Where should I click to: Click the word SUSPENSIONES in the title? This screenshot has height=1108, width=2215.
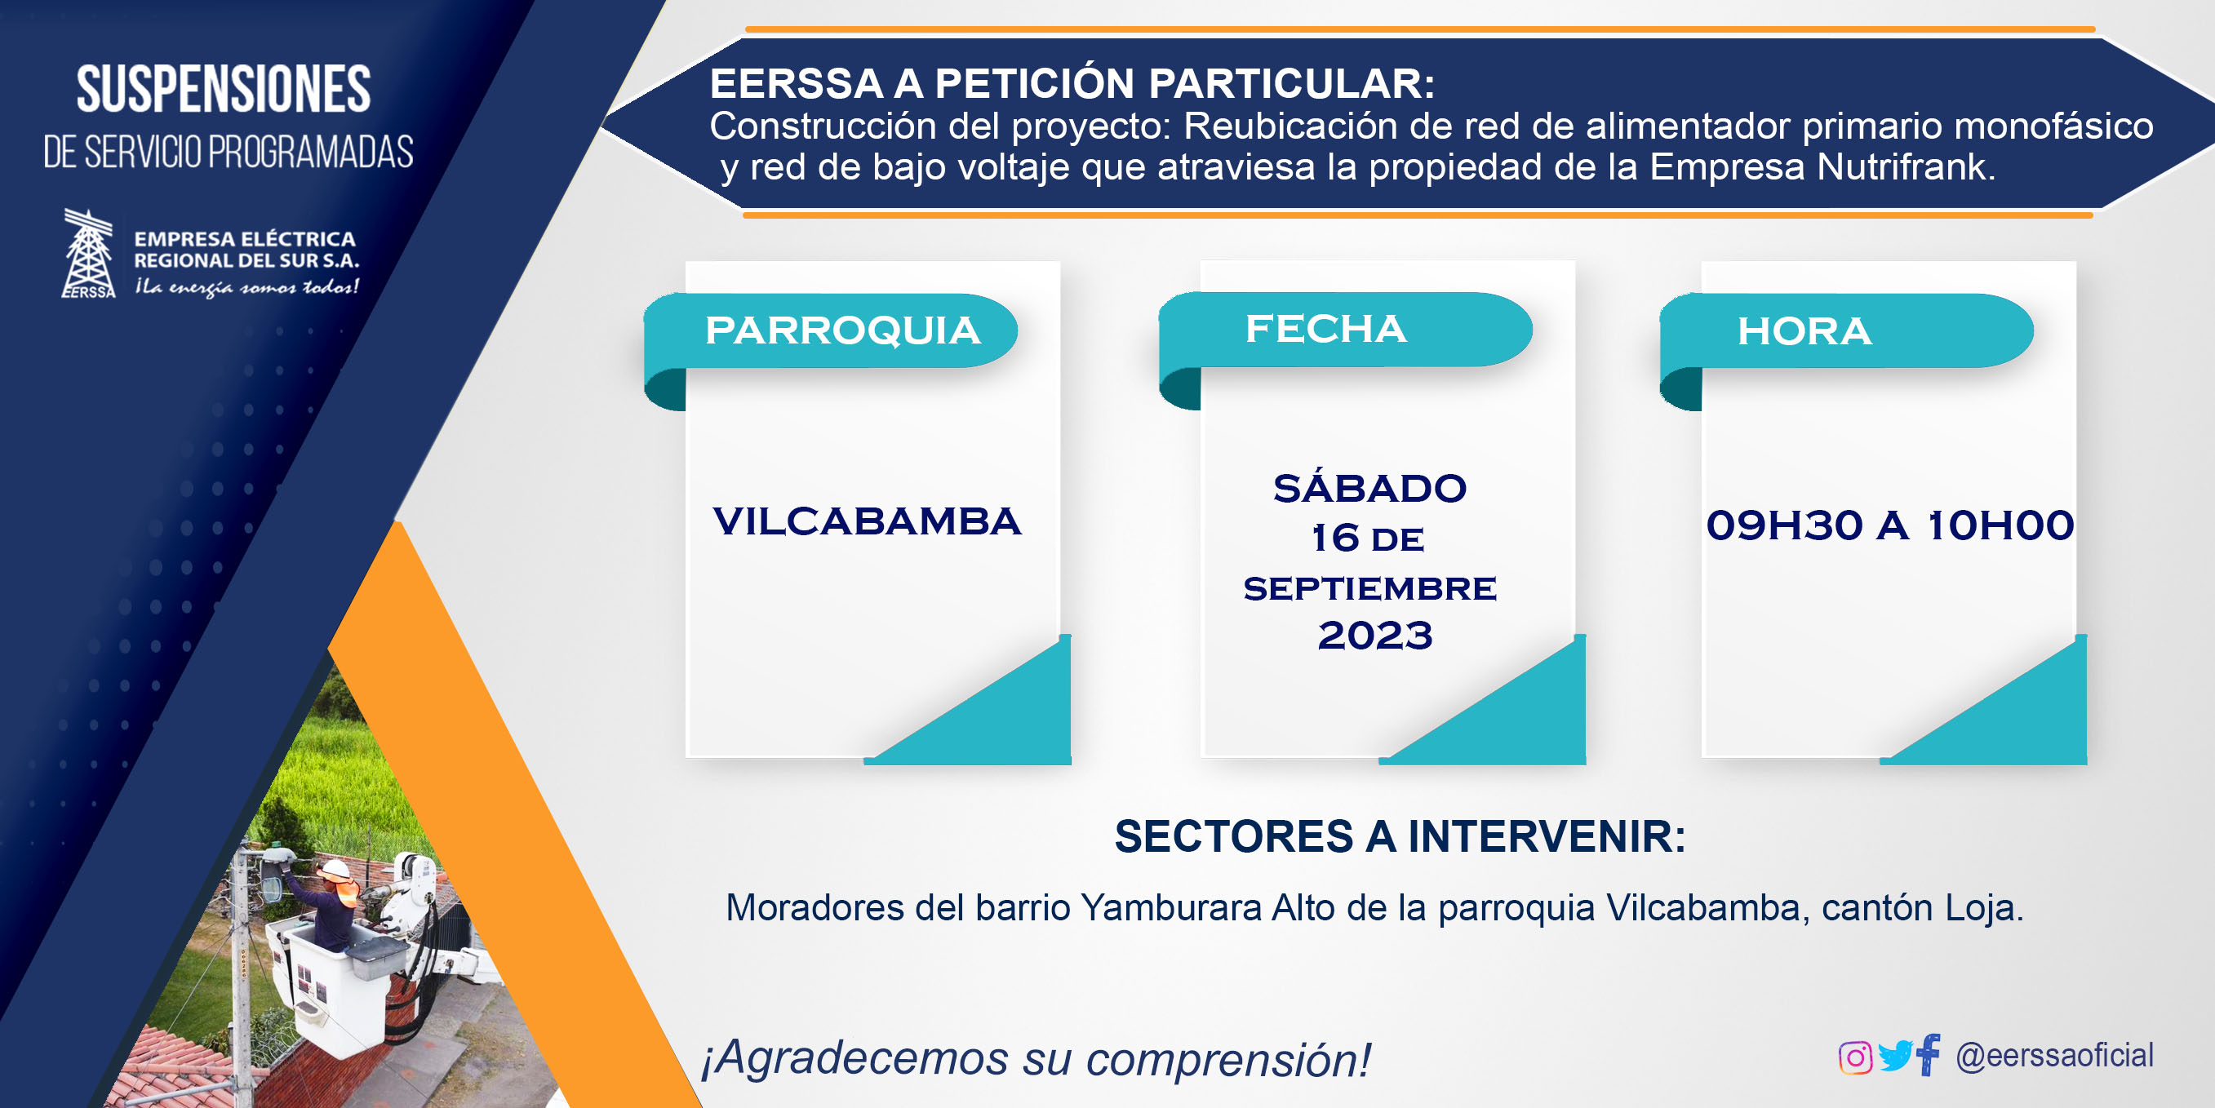tap(224, 89)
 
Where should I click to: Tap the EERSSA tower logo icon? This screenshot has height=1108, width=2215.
tap(89, 254)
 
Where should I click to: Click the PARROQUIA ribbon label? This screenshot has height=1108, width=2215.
tap(842, 330)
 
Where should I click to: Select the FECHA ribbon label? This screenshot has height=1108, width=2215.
tap(1326, 328)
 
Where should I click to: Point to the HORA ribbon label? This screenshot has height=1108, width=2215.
tap(1804, 331)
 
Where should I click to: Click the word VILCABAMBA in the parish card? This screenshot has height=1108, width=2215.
tap(867, 521)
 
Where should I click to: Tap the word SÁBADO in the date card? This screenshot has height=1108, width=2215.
tap(1369, 487)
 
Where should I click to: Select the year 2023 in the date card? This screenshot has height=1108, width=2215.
tap(1375, 636)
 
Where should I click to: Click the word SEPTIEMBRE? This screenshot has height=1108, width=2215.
tap(1369, 588)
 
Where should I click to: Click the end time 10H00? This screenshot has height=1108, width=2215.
tap(2001, 525)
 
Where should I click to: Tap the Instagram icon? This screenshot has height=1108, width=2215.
tap(1855, 1057)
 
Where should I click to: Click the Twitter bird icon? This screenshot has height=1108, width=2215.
tap(1894, 1056)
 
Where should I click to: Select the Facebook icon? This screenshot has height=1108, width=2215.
tap(1928, 1054)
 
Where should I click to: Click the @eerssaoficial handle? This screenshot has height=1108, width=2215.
tap(2054, 1055)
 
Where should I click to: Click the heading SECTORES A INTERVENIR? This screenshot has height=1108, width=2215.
tap(1400, 836)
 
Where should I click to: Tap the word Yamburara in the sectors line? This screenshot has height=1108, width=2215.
tap(1170, 908)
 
